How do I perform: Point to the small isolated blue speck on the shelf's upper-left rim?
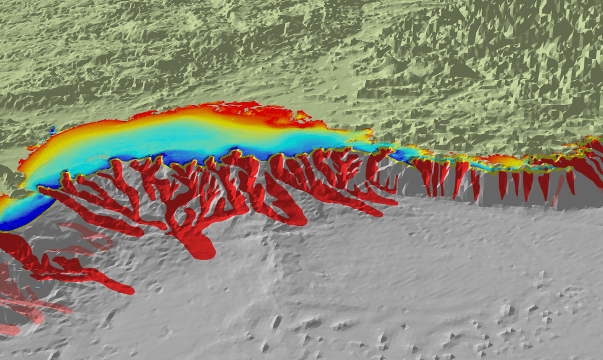pyautogui.click(x=53, y=131)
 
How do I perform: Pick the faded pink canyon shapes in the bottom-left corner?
pyautogui.click(x=19, y=304)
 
